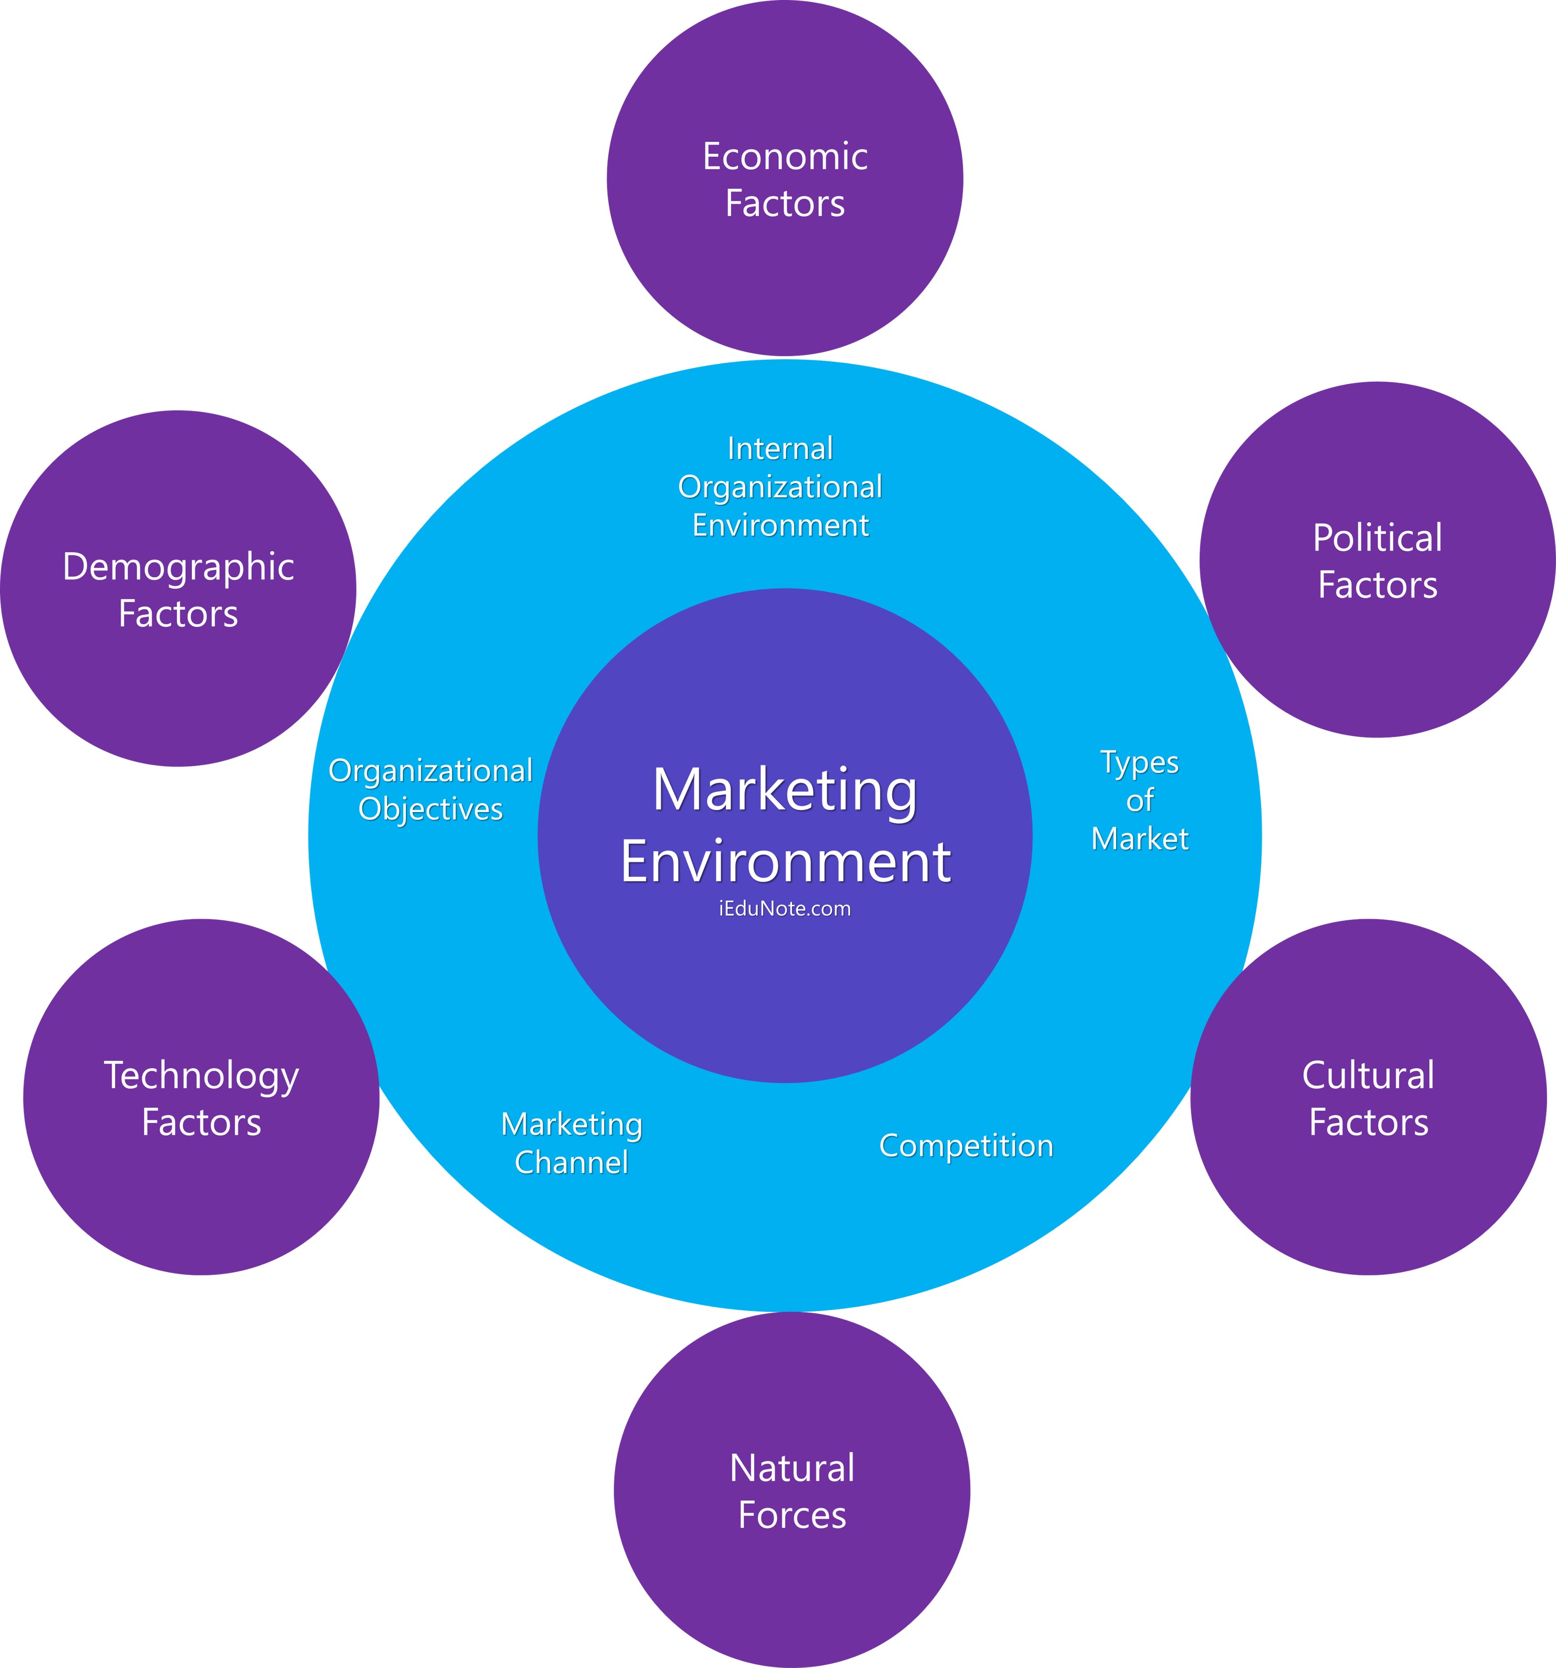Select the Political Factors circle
pos(1377,655)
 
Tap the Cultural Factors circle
pos(1368,1192)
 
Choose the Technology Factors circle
pos(201,1192)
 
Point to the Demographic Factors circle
pos(178,680)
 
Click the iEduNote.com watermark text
pos(785,909)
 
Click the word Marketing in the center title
pos(785,791)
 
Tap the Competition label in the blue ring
pos(966,1146)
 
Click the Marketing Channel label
pos(572,1143)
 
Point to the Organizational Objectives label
pos(430,790)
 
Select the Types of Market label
pos(1140,801)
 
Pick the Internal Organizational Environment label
pos(780,487)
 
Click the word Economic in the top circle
pos(785,157)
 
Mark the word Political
pos(1377,539)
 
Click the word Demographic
pos(178,568)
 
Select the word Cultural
pos(1368,1076)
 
